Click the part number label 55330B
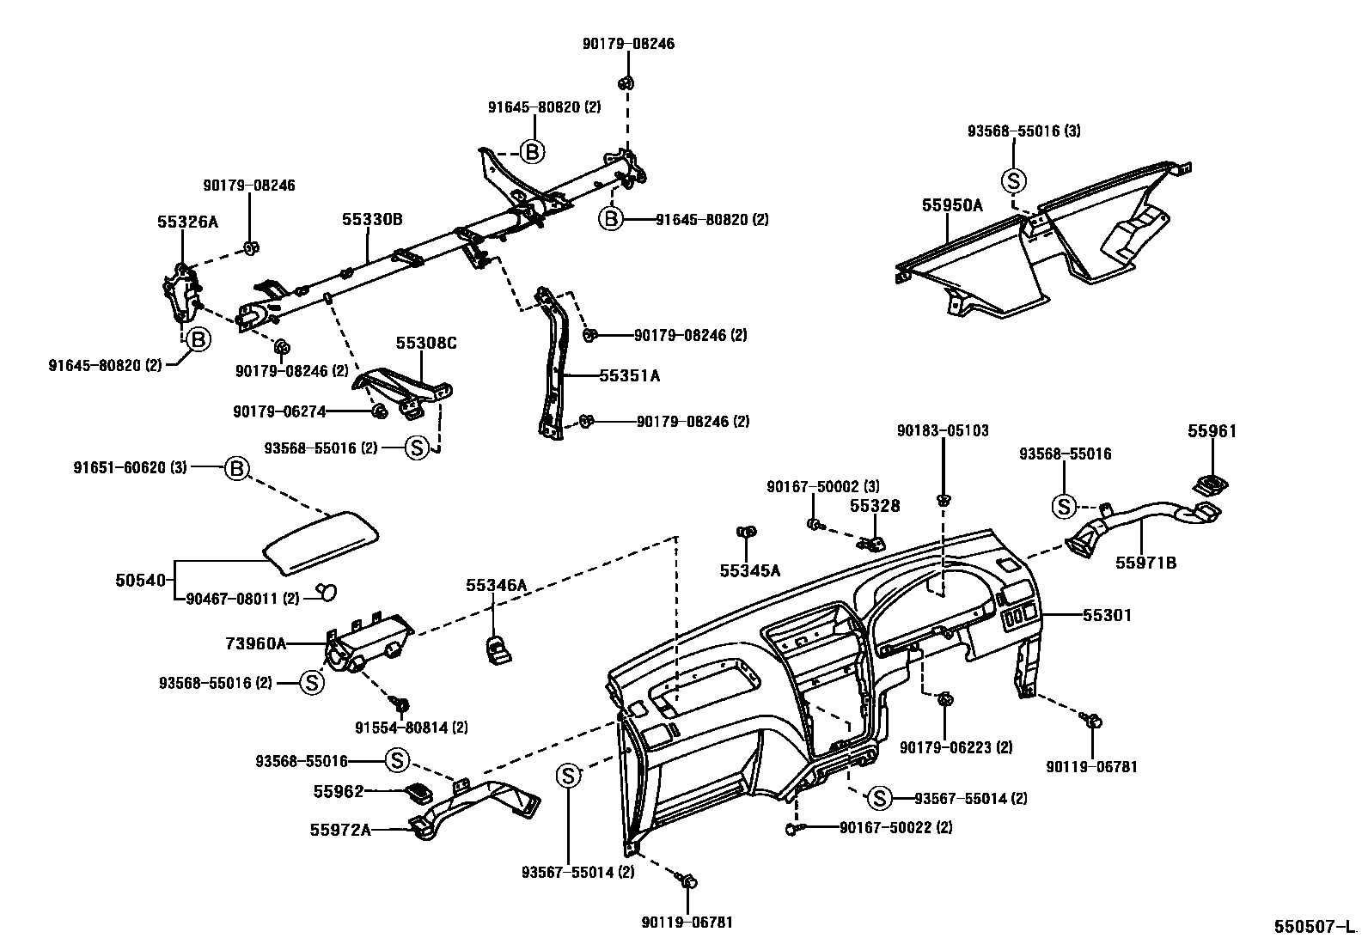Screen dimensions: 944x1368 point(371,220)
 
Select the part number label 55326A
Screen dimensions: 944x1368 point(187,222)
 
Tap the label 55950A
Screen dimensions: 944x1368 point(952,205)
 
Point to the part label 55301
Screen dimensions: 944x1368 point(1107,615)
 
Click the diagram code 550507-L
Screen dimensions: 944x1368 point(1313,928)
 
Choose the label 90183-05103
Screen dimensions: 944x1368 point(943,430)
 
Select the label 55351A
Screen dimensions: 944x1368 point(630,375)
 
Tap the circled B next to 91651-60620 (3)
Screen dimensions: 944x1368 point(236,468)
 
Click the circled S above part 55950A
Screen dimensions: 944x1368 point(1014,180)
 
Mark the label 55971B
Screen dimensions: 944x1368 point(1146,563)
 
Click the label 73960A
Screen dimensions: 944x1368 point(256,643)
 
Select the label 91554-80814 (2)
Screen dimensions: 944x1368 point(412,728)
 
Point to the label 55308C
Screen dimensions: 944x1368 point(426,343)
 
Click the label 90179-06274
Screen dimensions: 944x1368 point(279,411)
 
